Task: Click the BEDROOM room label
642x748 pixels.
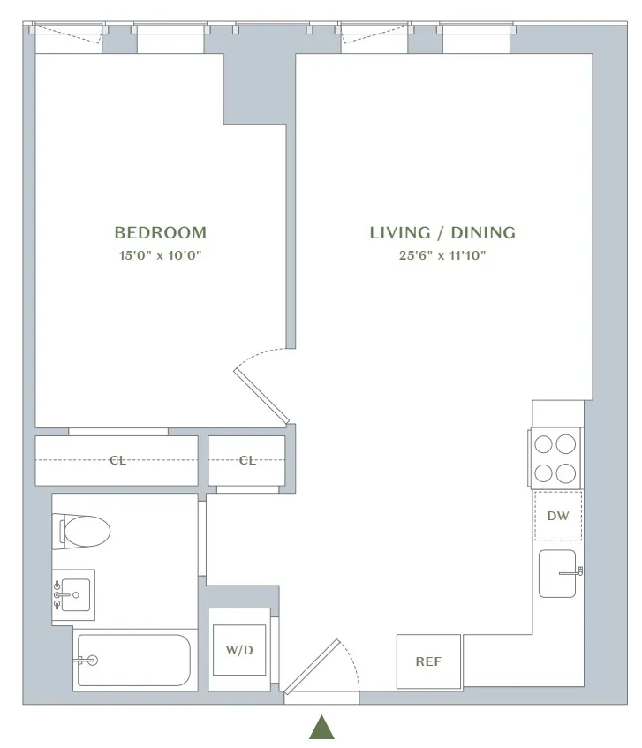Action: click(161, 233)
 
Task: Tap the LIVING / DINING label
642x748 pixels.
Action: click(442, 233)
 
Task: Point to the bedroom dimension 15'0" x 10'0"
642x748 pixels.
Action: click(161, 256)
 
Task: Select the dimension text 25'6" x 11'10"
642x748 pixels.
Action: click(442, 256)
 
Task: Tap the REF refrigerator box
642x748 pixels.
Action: click(428, 661)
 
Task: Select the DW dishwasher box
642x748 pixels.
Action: click(558, 516)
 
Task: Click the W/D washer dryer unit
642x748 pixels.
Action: click(238, 651)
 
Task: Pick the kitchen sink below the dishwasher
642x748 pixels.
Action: click(557, 573)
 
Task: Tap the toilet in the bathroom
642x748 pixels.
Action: click(86, 531)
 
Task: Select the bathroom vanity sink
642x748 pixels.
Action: click(73, 595)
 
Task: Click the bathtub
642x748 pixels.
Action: click(132, 660)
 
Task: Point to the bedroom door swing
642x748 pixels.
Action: click(262, 383)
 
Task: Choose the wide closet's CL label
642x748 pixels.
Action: click(117, 460)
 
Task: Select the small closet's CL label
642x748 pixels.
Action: click(247, 460)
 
